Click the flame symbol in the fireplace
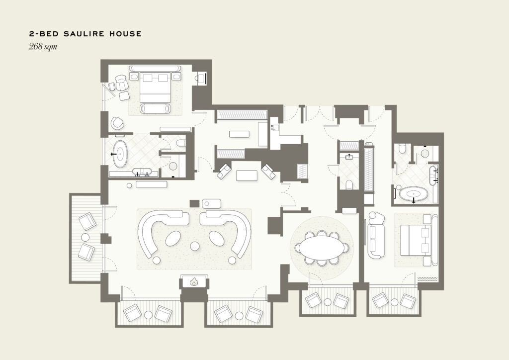pos(194,282)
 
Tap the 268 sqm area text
pos(43,46)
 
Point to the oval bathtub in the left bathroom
pos(120,154)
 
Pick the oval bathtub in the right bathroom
pos(413,194)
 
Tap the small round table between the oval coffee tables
pos(195,246)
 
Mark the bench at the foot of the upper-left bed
pos(155,108)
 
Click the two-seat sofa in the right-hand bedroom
pos(376,235)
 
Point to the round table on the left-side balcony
pos(85,236)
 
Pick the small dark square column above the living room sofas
pos(194,204)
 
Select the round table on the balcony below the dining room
pos(328,302)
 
